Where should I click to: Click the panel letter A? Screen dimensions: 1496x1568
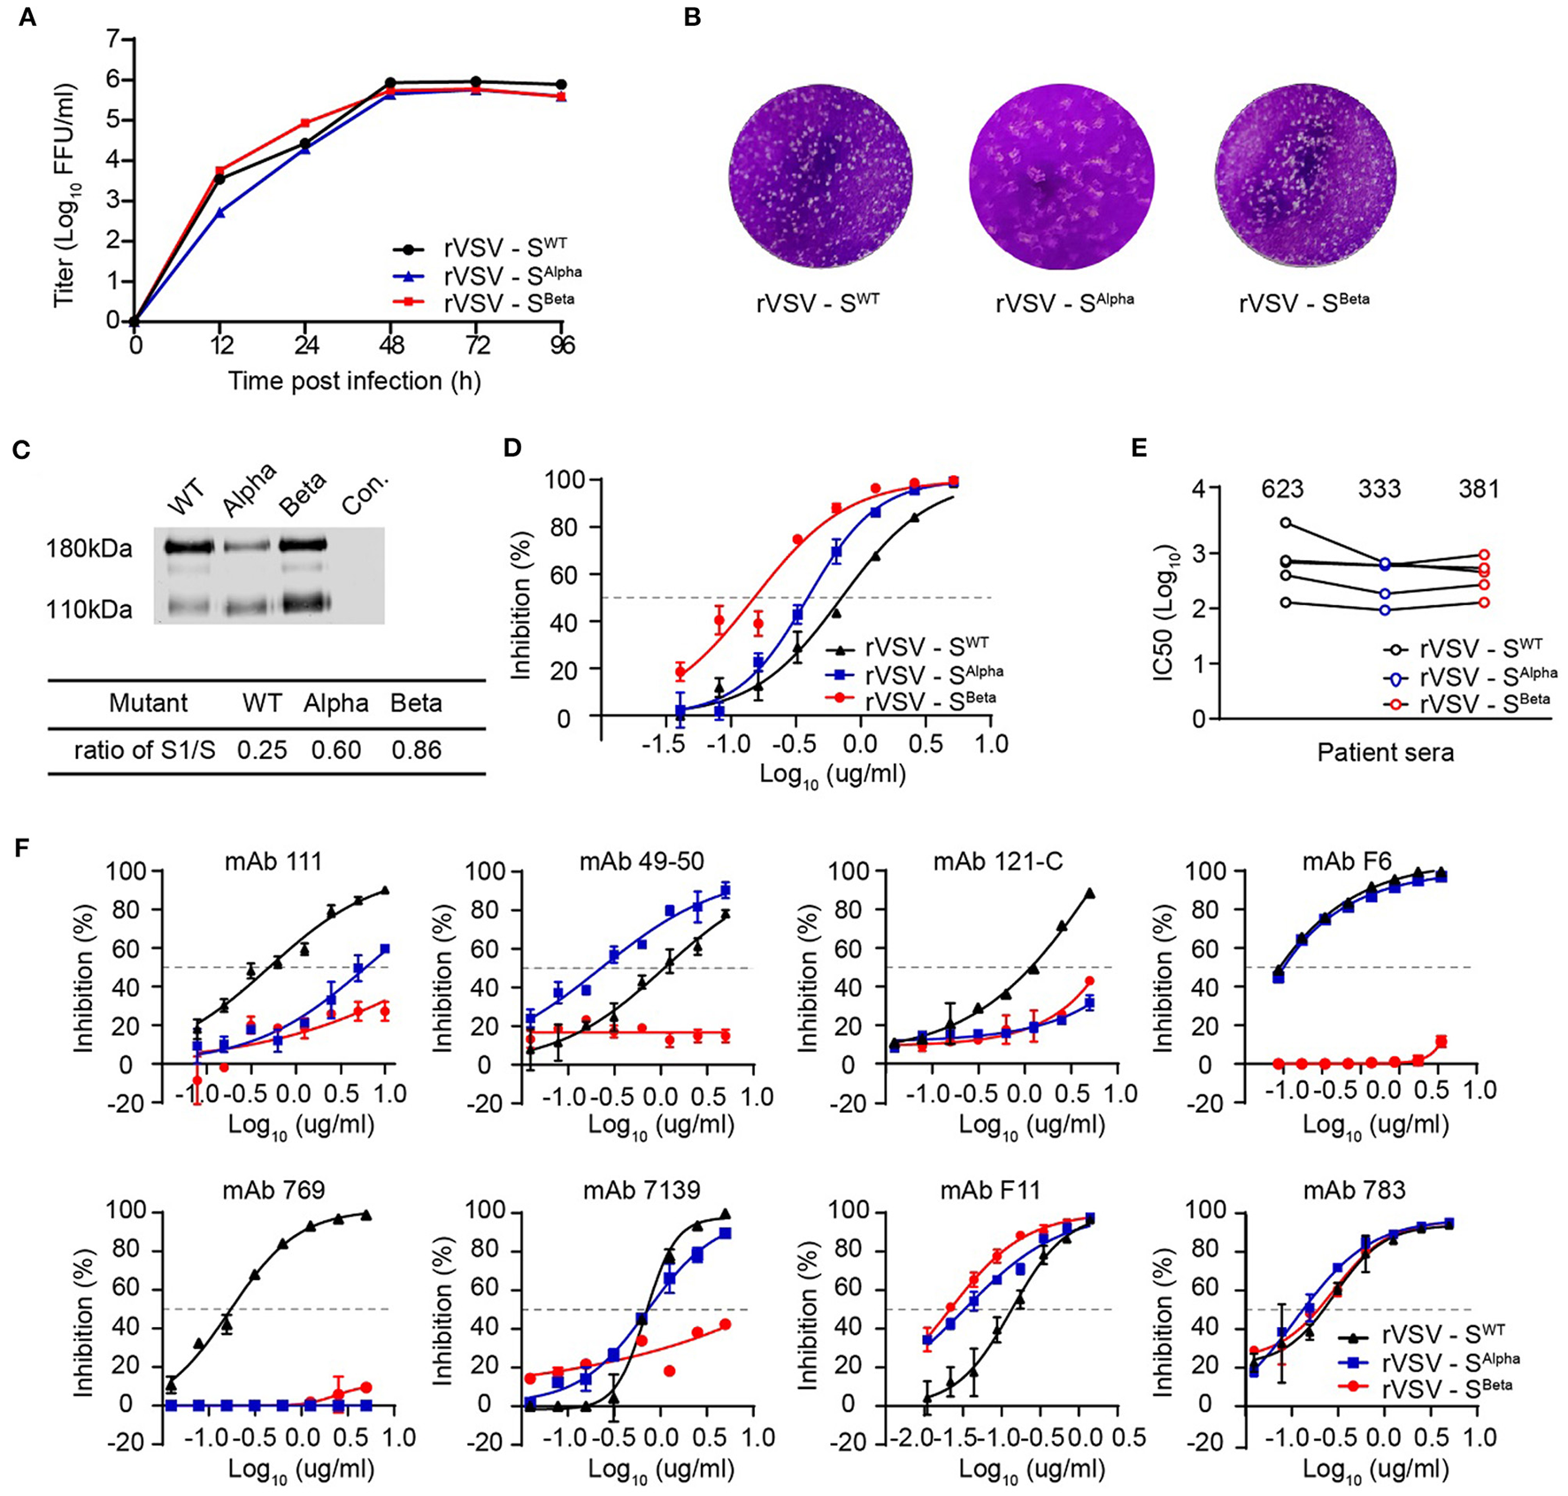pyautogui.click(x=27, y=17)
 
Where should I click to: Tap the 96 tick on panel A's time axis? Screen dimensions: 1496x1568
pyautogui.click(x=561, y=345)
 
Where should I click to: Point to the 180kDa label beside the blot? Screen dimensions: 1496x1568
pyautogui.click(x=89, y=549)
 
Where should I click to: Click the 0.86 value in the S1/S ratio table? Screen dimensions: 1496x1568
pyautogui.click(x=416, y=750)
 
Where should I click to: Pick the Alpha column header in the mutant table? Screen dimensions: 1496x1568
pyautogui.click(x=335, y=703)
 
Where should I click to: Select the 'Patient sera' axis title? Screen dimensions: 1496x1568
pyautogui.click(x=1385, y=753)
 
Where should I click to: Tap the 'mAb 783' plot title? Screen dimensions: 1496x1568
pyautogui.click(x=1354, y=1191)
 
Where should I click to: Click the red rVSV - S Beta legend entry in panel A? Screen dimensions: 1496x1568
pyautogui.click(x=508, y=303)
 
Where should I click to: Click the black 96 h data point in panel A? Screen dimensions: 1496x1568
pyautogui.click(x=561, y=85)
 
